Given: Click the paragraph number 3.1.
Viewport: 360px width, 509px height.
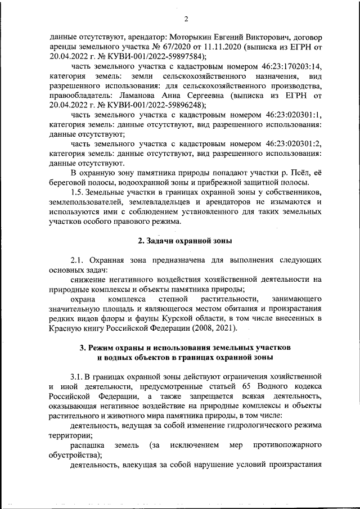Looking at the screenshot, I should pyautogui.click(x=78, y=375).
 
